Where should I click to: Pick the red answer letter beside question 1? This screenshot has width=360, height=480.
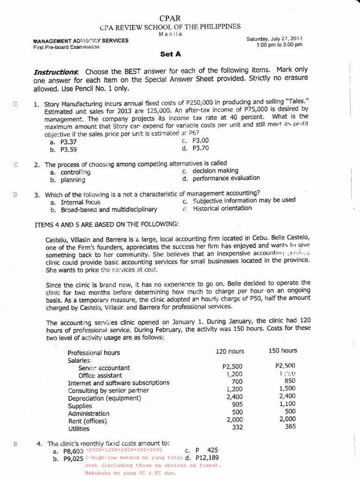(x=15, y=104)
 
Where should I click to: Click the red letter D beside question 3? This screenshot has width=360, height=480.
(x=15, y=195)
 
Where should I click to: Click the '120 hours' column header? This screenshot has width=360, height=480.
(x=230, y=351)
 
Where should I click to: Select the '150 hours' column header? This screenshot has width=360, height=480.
(x=283, y=351)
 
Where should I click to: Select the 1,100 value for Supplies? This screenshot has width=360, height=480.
(x=287, y=404)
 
